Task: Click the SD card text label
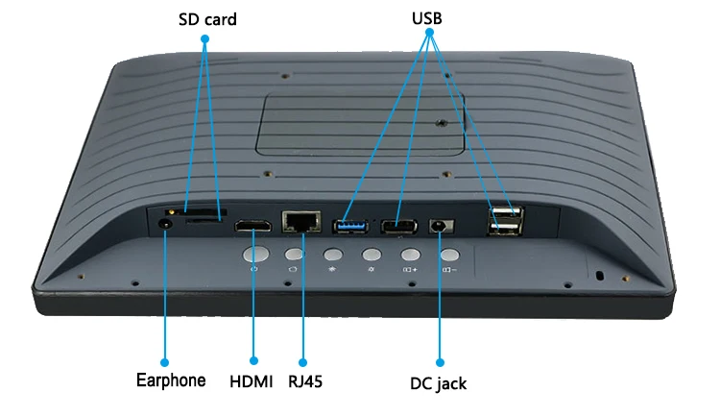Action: (x=206, y=19)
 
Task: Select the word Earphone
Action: (x=169, y=380)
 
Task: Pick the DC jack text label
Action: (x=438, y=383)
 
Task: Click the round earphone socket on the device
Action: (x=165, y=224)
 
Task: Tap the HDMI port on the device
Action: (x=253, y=228)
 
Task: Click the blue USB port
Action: (x=349, y=227)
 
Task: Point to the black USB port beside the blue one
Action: (x=397, y=227)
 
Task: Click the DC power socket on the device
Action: (x=441, y=227)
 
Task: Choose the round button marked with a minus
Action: (x=449, y=256)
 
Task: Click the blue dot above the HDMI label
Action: (x=253, y=361)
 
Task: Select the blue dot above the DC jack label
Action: (x=440, y=362)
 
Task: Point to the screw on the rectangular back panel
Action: (x=440, y=123)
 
